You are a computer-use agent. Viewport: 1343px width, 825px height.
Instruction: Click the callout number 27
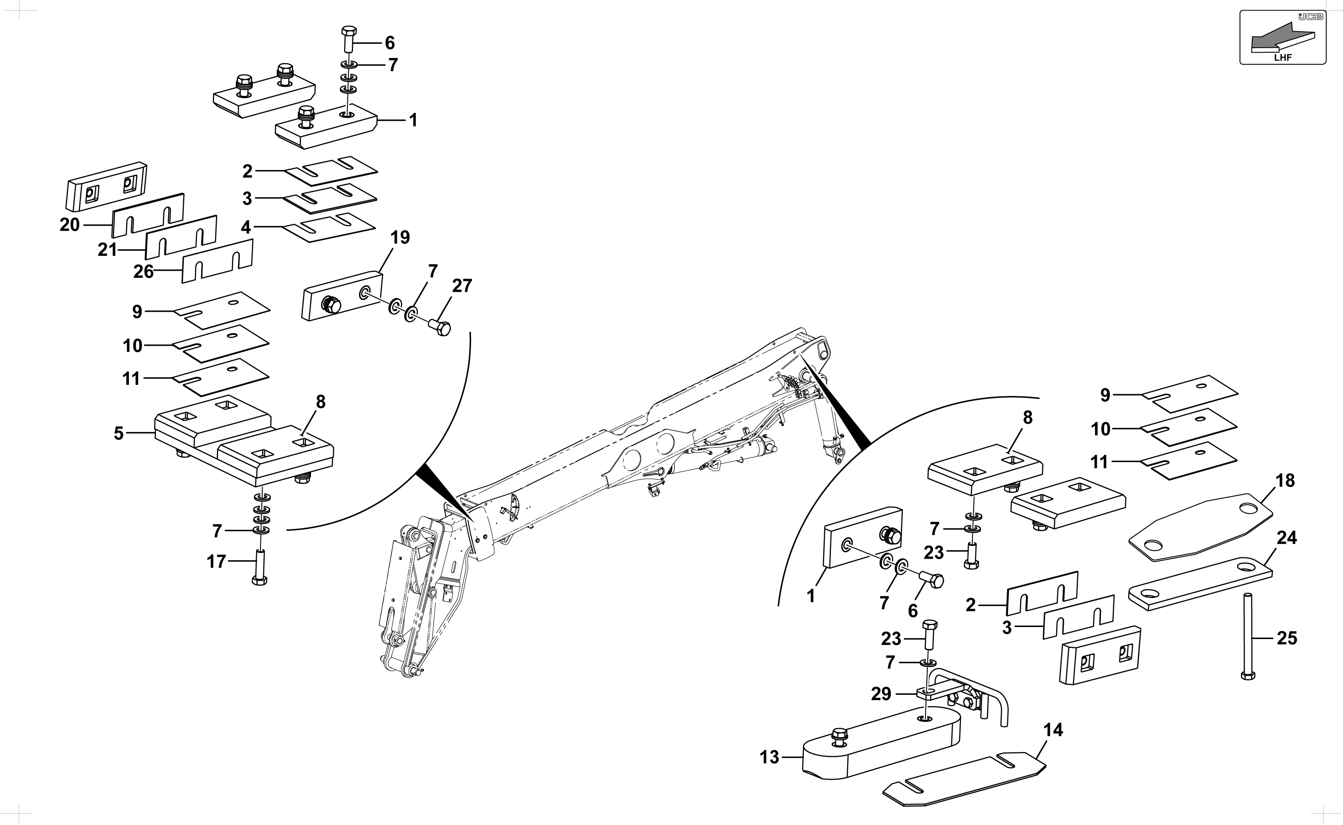462,285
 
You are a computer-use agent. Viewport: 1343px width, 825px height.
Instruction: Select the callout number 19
400,237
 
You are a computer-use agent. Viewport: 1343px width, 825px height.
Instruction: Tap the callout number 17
216,561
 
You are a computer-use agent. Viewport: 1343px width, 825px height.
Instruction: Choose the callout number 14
1053,730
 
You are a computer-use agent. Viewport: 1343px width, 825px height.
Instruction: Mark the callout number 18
1285,481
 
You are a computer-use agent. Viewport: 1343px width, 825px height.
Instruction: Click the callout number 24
1287,538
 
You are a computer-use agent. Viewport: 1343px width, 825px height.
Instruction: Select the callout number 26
144,272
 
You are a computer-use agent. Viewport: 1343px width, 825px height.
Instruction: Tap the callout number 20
70,225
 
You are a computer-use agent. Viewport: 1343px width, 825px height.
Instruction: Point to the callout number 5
118,434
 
